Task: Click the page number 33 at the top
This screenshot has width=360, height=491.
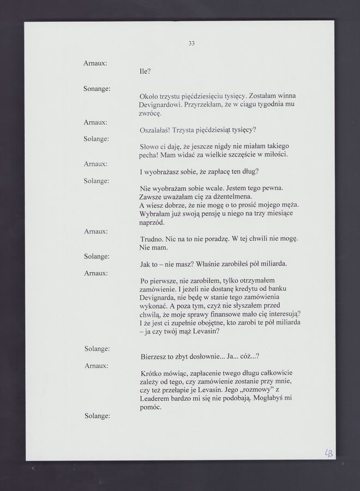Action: point(191,44)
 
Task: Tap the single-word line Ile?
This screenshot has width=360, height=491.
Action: point(145,71)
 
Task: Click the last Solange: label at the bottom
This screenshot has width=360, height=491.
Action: point(97,416)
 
